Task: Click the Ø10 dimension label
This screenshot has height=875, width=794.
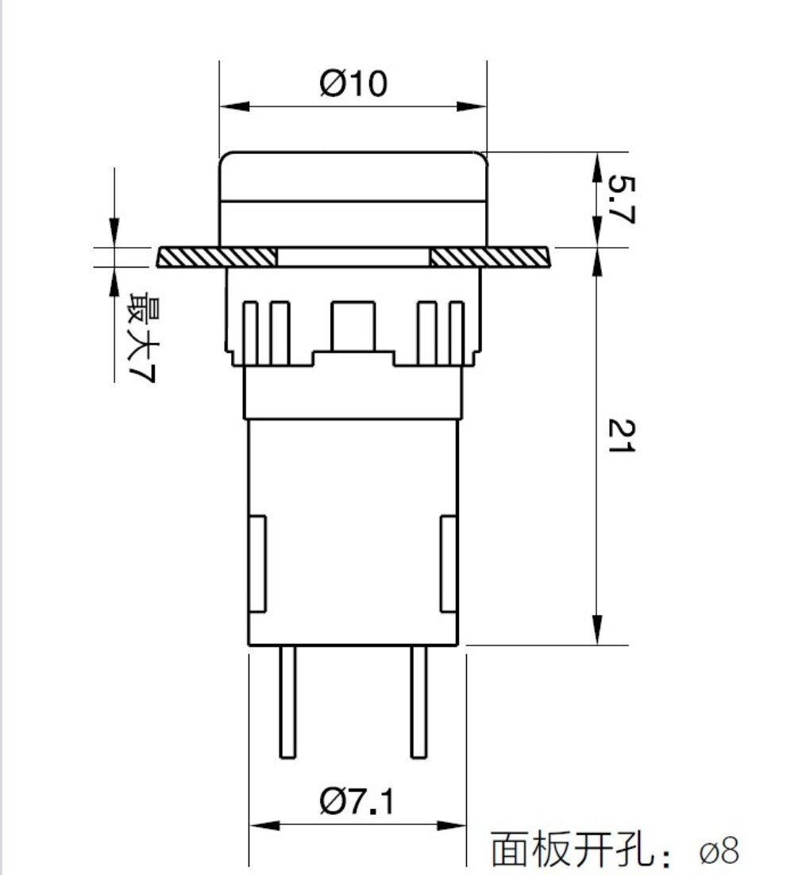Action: tap(353, 83)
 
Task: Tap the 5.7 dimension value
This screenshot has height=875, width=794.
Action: tap(621, 199)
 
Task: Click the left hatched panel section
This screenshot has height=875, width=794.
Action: tap(217, 256)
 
